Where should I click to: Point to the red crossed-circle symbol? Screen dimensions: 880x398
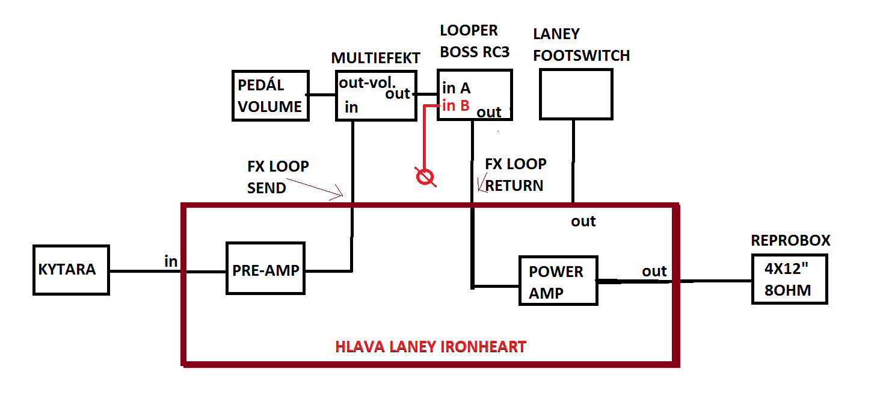(425, 177)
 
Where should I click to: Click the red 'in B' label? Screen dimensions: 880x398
(456, 106)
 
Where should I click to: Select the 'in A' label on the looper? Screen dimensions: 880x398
(456, 88)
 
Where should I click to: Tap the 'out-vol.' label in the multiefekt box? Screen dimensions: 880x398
(367, 82)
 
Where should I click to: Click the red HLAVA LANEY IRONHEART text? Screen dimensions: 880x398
(431, 347)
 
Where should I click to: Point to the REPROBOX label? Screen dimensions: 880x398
(790, 240)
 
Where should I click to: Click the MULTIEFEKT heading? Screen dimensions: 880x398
(375, 58)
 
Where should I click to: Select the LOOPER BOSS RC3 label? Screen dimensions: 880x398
(475, 42)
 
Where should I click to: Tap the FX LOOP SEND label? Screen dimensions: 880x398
(278, 177)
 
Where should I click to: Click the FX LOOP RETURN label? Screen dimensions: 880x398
(515, 175)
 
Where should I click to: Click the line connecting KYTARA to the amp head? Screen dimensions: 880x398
(146, 271)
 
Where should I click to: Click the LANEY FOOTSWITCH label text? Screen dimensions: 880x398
(582, 45)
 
